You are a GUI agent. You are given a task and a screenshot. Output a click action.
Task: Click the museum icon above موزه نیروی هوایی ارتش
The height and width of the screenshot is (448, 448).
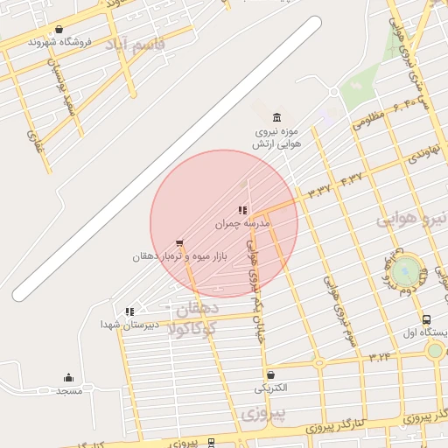click(277, 117)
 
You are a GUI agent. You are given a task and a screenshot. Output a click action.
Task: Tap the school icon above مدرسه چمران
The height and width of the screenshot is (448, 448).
click(242, 210)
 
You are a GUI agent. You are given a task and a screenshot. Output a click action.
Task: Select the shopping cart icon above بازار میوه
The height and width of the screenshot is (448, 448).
click(179, 242)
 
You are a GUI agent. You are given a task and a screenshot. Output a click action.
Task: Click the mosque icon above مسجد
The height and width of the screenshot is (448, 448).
click(69, 378)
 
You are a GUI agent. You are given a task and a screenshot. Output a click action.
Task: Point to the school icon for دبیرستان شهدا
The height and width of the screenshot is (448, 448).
click(129, 311)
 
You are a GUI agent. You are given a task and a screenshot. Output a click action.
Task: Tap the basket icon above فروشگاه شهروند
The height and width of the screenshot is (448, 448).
click(59, 29)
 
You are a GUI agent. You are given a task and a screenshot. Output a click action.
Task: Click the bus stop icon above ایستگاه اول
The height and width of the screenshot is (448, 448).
click(426, 320)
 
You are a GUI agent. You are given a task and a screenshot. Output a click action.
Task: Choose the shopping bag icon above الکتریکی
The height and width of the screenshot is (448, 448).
click(270, 374)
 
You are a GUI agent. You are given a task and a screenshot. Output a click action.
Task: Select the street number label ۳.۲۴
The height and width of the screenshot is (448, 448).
click(380, 356)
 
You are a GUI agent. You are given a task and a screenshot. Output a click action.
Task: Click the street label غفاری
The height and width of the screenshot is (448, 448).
click(36, 140)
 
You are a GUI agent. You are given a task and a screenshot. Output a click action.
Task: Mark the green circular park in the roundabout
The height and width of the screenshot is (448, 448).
click(405, 272)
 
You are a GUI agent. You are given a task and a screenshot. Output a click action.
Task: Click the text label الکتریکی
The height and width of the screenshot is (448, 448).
click(269, 388)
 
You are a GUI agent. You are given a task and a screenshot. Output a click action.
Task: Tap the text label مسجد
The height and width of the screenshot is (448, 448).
click(68, 390)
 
